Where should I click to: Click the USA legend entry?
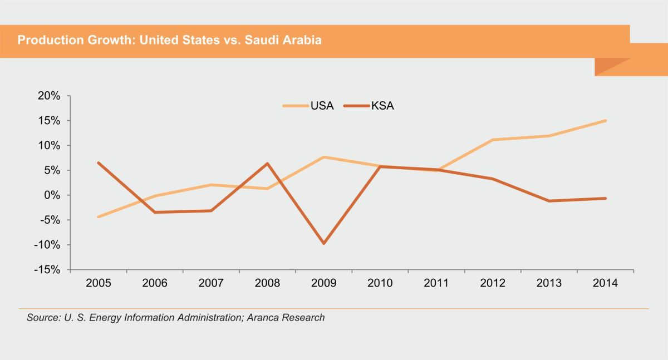click(x=308, y=106)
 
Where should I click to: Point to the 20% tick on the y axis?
click(x=49, y=96)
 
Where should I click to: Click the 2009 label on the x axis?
click(x=323, y=283)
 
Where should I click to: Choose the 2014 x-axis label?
click(x=605, y=283)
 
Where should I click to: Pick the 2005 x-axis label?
click(x=99, y=283)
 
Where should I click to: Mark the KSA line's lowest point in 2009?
click(x=323, y=243)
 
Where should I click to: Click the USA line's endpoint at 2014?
click(x=605, y=121)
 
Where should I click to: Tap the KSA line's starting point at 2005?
click(x=99, y=163)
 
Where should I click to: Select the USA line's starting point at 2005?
click(x=99, y=216)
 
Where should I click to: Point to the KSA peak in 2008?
click(x=267, y=164)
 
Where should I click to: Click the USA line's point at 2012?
click(x=493, y=140)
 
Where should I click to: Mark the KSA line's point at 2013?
click(x=549, y=201)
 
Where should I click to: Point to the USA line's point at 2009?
click(x=323, y=157)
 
